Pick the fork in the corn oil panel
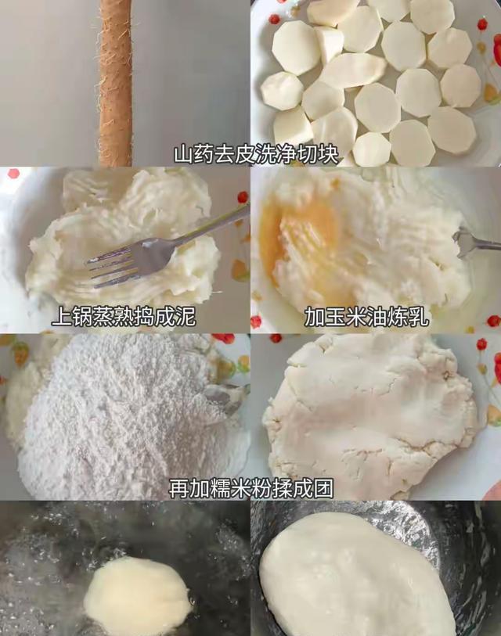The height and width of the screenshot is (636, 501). [474, 243]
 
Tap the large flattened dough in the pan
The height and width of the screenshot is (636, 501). [356, 579]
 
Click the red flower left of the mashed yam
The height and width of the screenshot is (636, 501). [13, 174]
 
